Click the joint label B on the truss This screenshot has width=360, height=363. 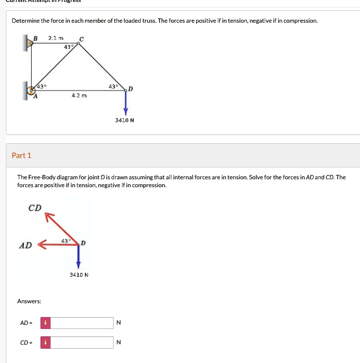pos(35,38)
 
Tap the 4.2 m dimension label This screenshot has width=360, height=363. pos(79,96)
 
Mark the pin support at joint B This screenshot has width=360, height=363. pos(28,43)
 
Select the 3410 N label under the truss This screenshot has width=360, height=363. pos(125,120)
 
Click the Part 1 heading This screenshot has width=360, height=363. pos(21,156)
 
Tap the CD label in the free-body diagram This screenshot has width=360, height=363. pos(35,208)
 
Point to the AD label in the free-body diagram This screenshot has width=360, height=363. pos(25,245)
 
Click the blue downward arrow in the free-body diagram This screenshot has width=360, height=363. pos(78,256)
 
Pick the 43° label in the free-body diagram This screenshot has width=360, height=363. pos(65,241)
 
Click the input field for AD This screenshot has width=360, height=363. pos(82,323)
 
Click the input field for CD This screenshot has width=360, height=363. pos(82,342)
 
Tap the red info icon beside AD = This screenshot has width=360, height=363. pos(45,323)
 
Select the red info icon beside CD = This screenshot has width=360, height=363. pos(45,342)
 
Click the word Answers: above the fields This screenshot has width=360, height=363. pos(29,301)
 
